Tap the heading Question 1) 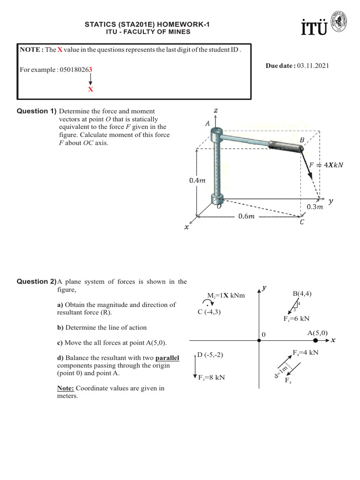tap(37, 111)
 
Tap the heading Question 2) tap(37, 282)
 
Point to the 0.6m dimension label tap(246, 217)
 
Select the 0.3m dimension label tap(315, 207)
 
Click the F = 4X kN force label tap(326, 165)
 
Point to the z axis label tap(215, 110)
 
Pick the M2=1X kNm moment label tap(226, 296)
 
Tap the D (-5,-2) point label tap(210, 355)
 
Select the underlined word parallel tap(167, 358)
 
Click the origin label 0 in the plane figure tap(263, 335)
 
